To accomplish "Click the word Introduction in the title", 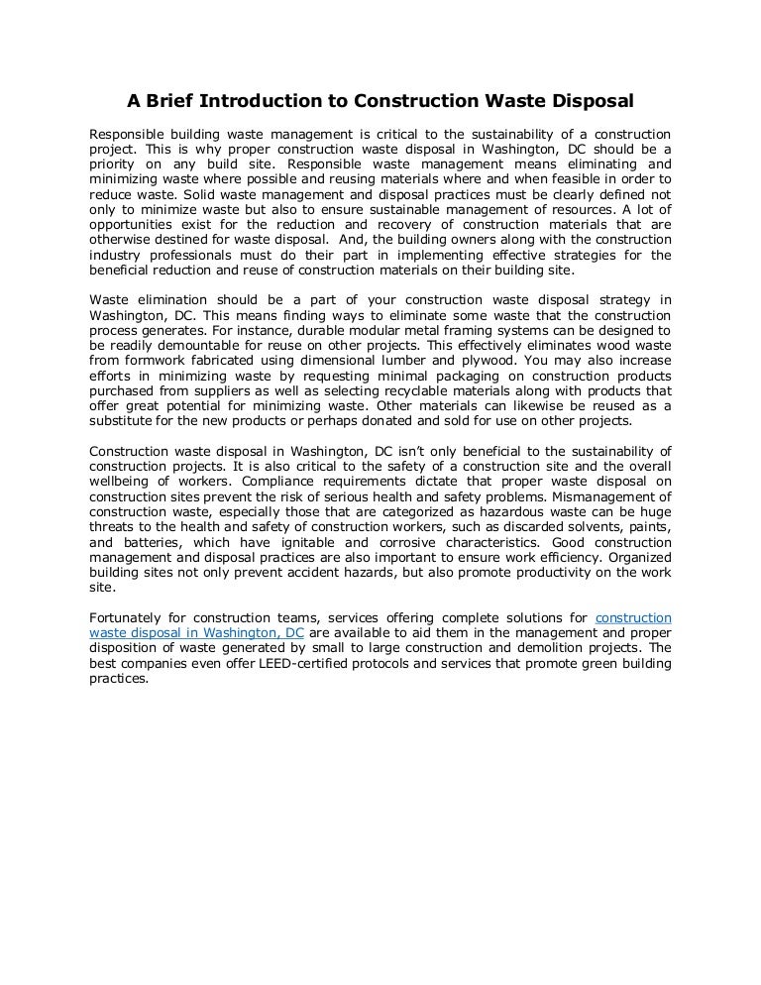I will tap(275, 101).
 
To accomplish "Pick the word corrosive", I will tap(434, 542).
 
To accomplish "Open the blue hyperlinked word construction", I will tap(633, 618).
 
